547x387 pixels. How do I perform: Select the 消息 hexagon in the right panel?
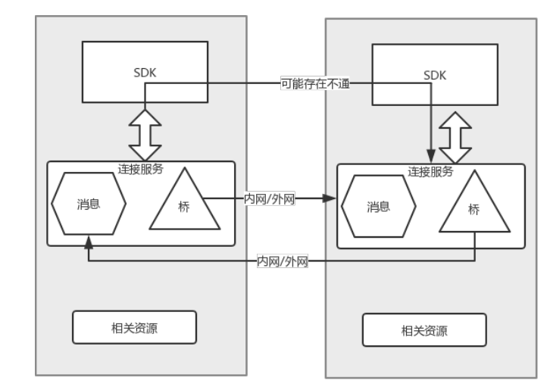click(378, 207)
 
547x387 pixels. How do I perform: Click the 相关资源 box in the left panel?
click(134, 327)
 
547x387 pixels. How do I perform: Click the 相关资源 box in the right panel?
click(424, 330)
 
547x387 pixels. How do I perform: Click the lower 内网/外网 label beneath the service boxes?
click(283, 262)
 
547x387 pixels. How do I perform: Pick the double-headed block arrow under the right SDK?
click(456, 136)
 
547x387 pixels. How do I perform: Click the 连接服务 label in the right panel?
click(430, 172)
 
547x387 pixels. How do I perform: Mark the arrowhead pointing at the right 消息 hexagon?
click(330, 198)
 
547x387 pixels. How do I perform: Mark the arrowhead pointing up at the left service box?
click(89, 242)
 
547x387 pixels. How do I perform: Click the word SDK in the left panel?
click(142, 73)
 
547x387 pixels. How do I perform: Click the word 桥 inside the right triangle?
click(474, 210)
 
